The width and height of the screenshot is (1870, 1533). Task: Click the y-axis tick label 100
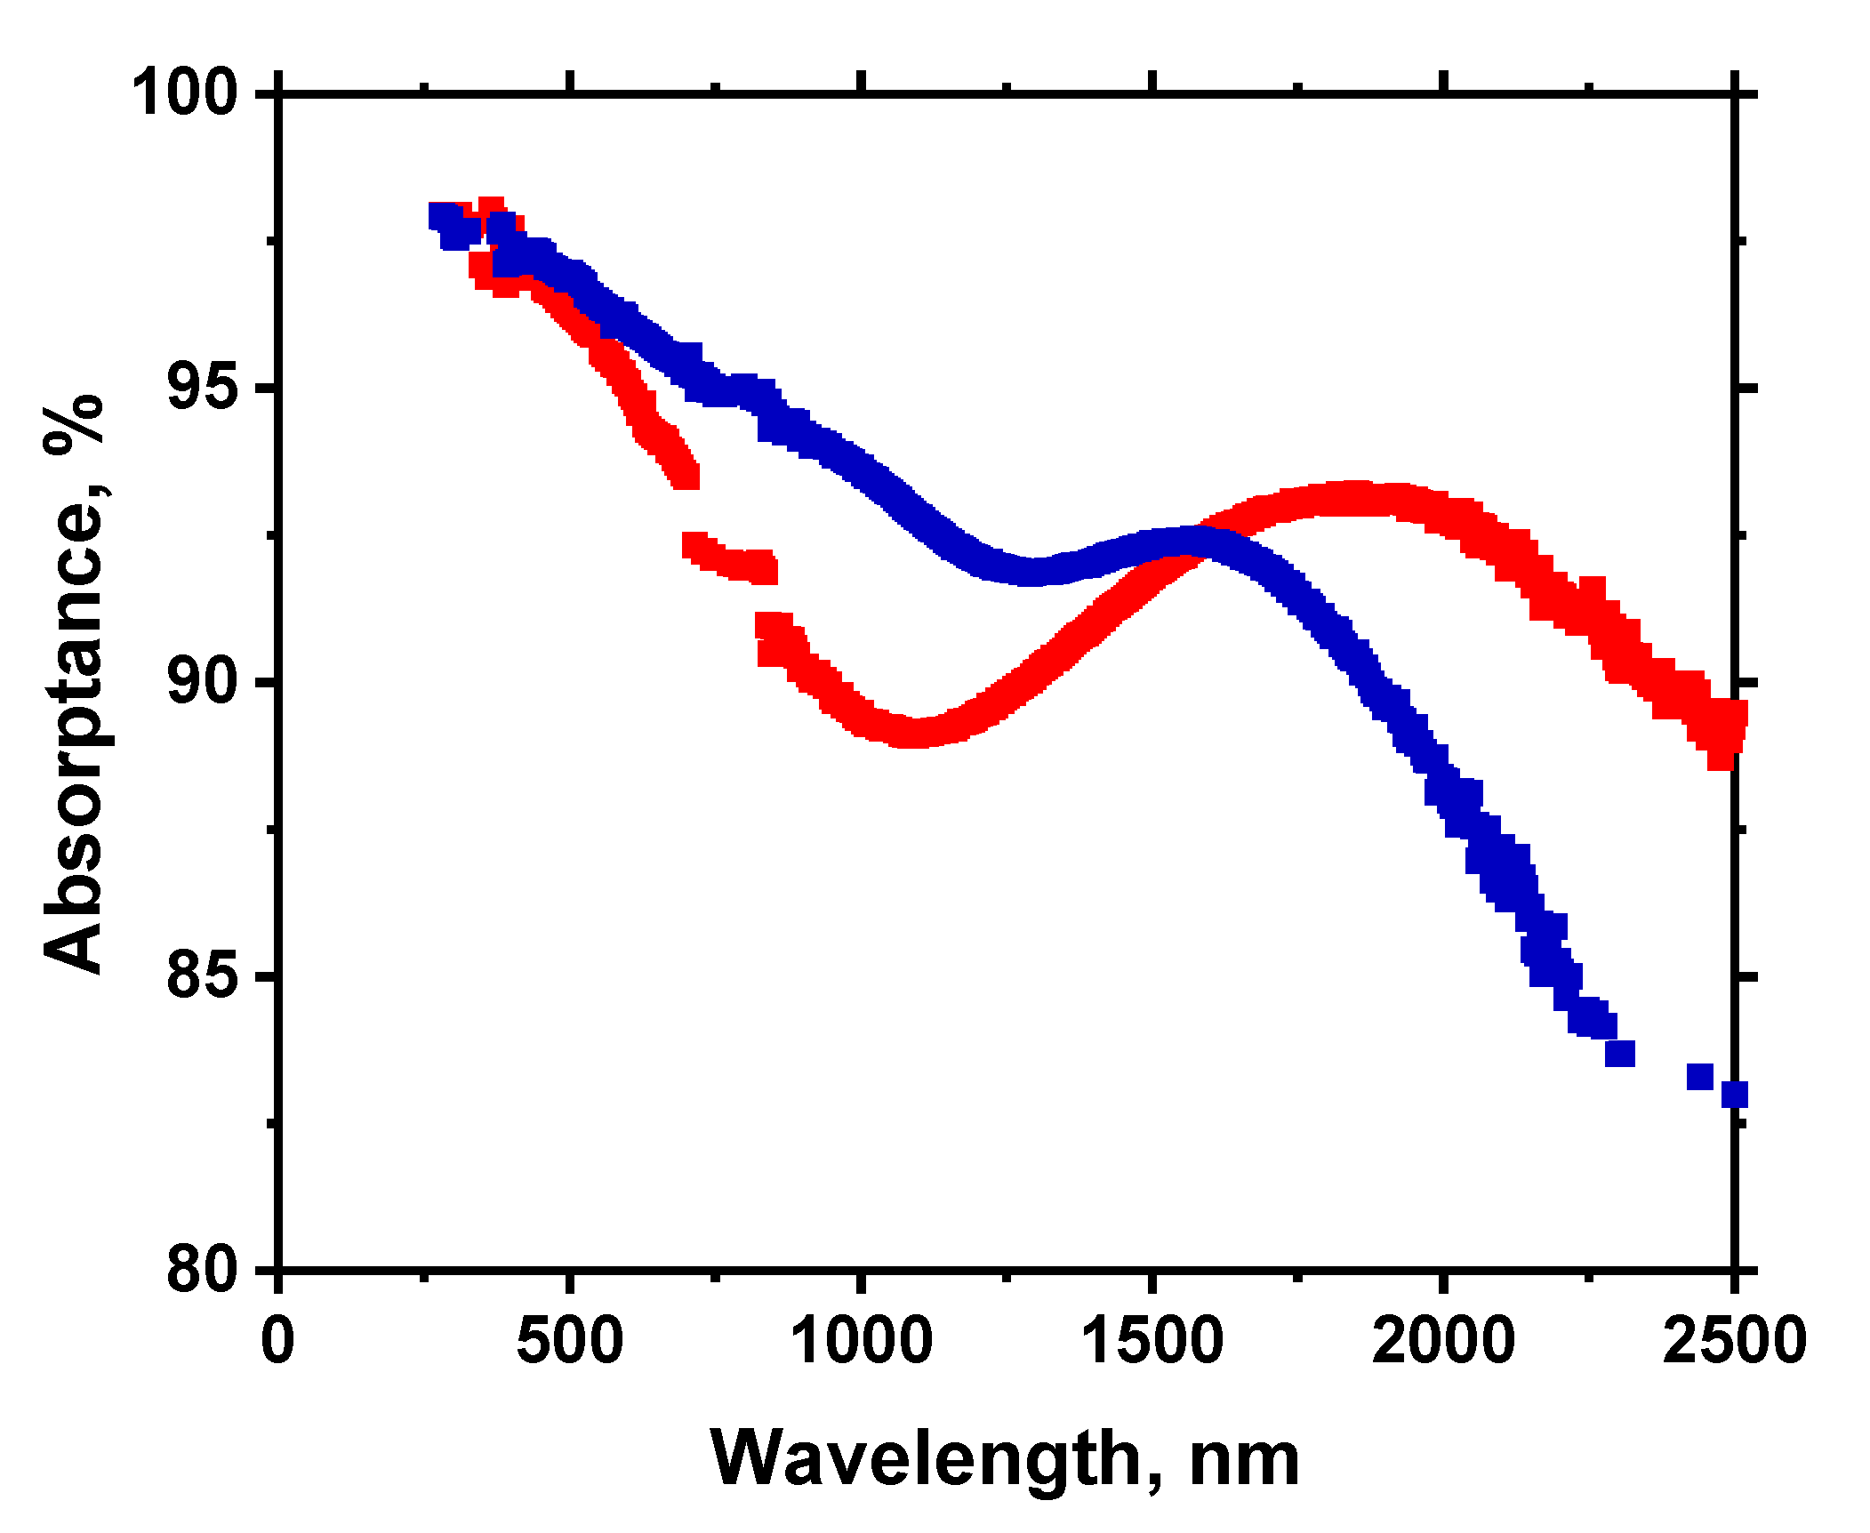coord(185,92)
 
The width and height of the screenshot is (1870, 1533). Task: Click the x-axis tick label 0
coord(278,1341)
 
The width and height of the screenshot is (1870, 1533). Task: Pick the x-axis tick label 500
coord(569,1341)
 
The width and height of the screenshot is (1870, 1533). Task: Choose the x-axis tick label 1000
coord(861,1341)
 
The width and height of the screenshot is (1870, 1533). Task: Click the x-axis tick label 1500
coord(1152,1341)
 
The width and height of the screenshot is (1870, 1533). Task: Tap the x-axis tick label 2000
coord(1443,1341)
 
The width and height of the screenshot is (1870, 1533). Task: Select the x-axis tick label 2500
coord(1734,1341)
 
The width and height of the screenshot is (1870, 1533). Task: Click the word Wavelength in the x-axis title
coord(925,1460)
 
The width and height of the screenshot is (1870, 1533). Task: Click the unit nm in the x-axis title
coord(1244,1460)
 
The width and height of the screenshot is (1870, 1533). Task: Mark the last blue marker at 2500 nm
coord(1735,1095)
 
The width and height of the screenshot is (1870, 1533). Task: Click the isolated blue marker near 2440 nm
coord(1699,1077)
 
